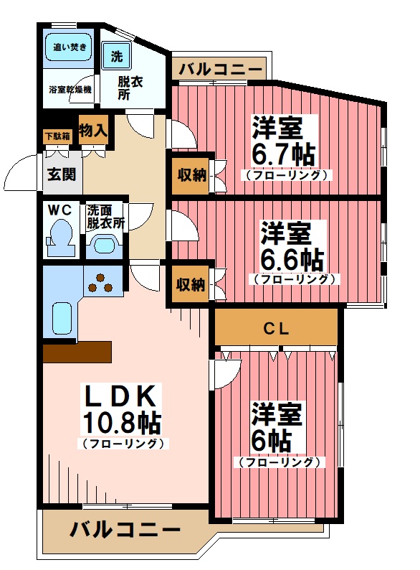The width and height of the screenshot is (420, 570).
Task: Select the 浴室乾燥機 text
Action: (70, 90)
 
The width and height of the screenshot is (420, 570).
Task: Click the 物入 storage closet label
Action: (93, 131)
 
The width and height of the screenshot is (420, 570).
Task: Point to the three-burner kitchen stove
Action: (101, 282)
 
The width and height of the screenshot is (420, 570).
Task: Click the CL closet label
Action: (277, 330)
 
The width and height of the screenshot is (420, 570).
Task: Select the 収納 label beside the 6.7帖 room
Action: (191, 174)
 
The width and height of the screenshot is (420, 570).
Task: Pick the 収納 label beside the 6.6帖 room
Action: (191, 285)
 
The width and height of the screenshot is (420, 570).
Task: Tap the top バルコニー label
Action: (220, 70)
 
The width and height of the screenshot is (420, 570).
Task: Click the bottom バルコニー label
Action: (125, 531)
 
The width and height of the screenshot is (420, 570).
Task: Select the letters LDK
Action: (121, 395)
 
